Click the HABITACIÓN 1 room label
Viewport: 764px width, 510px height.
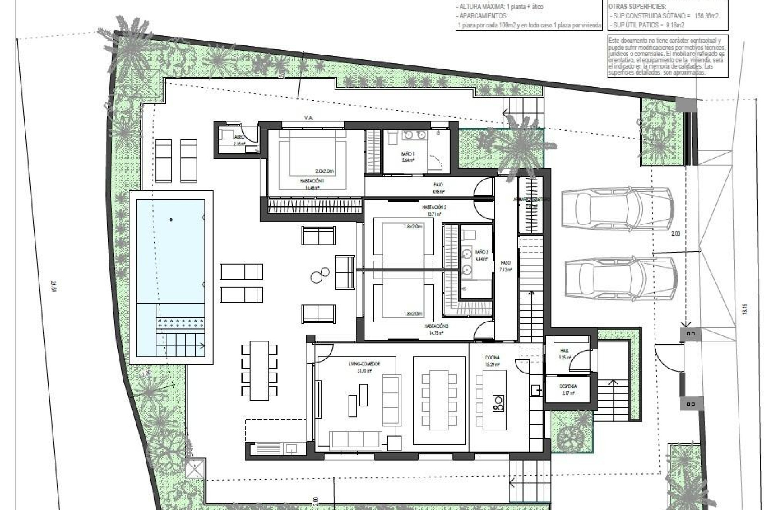tap(312, 181)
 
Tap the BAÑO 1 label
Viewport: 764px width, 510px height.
tap(408, 154)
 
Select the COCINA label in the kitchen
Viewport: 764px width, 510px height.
tap(492, 358)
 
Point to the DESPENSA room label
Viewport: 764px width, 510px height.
tap(568, 386)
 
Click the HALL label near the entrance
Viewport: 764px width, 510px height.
tap(564, 351)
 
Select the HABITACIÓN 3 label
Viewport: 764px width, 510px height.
tap(436, 326)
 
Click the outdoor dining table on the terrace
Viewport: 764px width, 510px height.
tap(259, 371)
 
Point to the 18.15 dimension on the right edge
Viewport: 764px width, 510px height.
tap(745, 309)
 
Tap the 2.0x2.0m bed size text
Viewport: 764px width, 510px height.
tap(324, 171)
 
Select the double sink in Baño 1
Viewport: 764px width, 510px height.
tap(414, 136)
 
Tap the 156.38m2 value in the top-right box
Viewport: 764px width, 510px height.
tap(706, 16)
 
